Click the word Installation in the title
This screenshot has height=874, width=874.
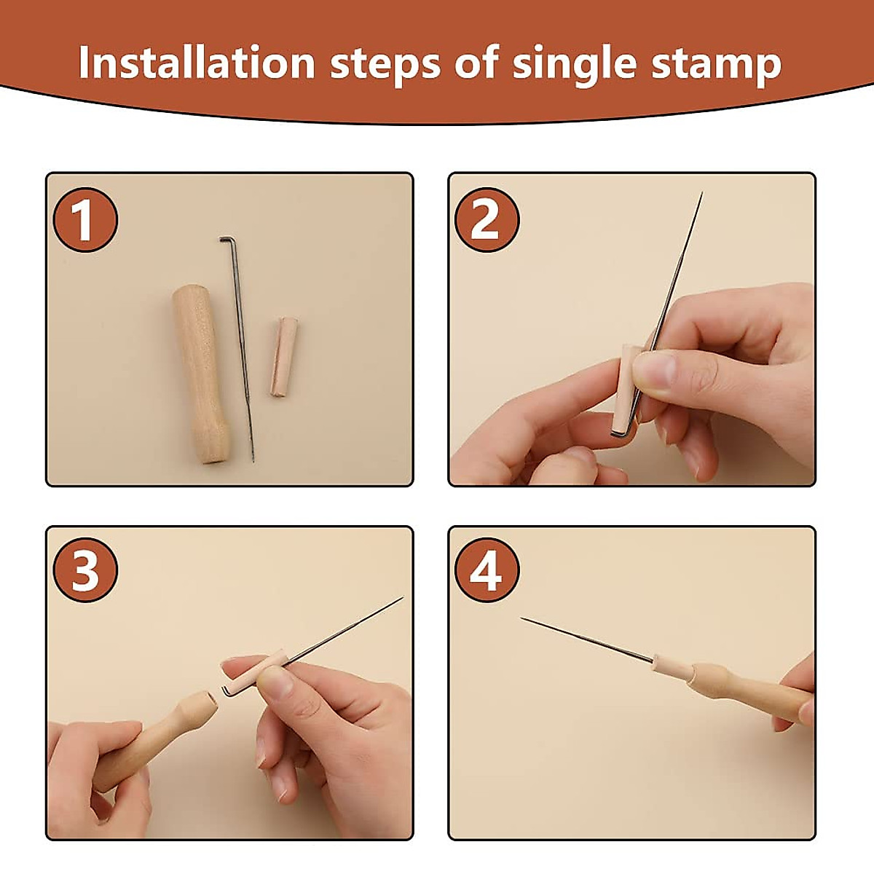197,63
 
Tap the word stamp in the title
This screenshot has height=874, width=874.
717,65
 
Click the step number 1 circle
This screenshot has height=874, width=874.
85,220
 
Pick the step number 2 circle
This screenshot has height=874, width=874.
487,220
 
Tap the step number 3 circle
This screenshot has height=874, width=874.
85,570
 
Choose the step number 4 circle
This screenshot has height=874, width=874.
487,570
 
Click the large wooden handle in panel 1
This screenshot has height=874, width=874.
201,374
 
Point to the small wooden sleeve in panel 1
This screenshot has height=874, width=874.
284,358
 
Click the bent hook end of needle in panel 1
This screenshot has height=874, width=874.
225,240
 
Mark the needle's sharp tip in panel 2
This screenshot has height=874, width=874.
702,193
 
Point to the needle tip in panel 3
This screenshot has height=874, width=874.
402,598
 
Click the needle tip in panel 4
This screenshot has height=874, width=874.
522,618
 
